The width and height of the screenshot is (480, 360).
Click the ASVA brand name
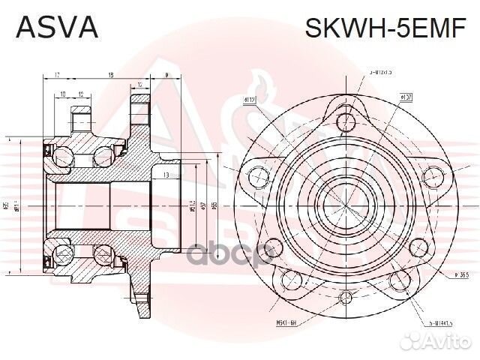tap(57, 28)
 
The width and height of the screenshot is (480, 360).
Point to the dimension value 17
tap(57, 75)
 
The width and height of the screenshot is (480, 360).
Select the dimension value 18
tap(110, 75)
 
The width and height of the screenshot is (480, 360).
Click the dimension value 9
tap(166, 75)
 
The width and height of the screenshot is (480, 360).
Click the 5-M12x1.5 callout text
tap(381, 73)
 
